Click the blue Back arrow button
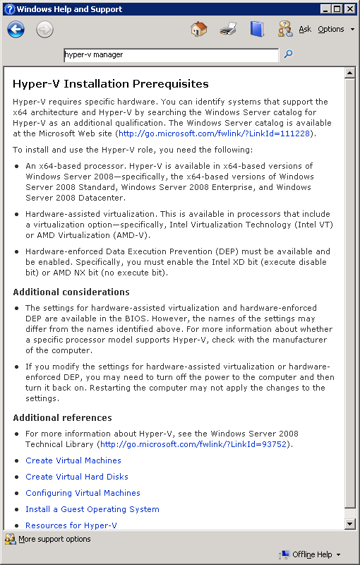coord(16,29)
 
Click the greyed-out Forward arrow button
coord(44,29)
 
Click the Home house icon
coord(199,29)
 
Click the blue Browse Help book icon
coord(257,29)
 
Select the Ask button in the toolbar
coord(304,30)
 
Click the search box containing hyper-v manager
coord(170,54)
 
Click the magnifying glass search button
coord(288,54)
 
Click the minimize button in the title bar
coord(325,9)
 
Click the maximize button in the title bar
coord(337,9)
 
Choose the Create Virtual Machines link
coord(73,460)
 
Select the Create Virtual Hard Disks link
coord(77,477)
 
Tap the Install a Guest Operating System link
coord(92,509)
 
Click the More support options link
coord(54,539)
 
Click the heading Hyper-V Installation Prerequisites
coord(111,84)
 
